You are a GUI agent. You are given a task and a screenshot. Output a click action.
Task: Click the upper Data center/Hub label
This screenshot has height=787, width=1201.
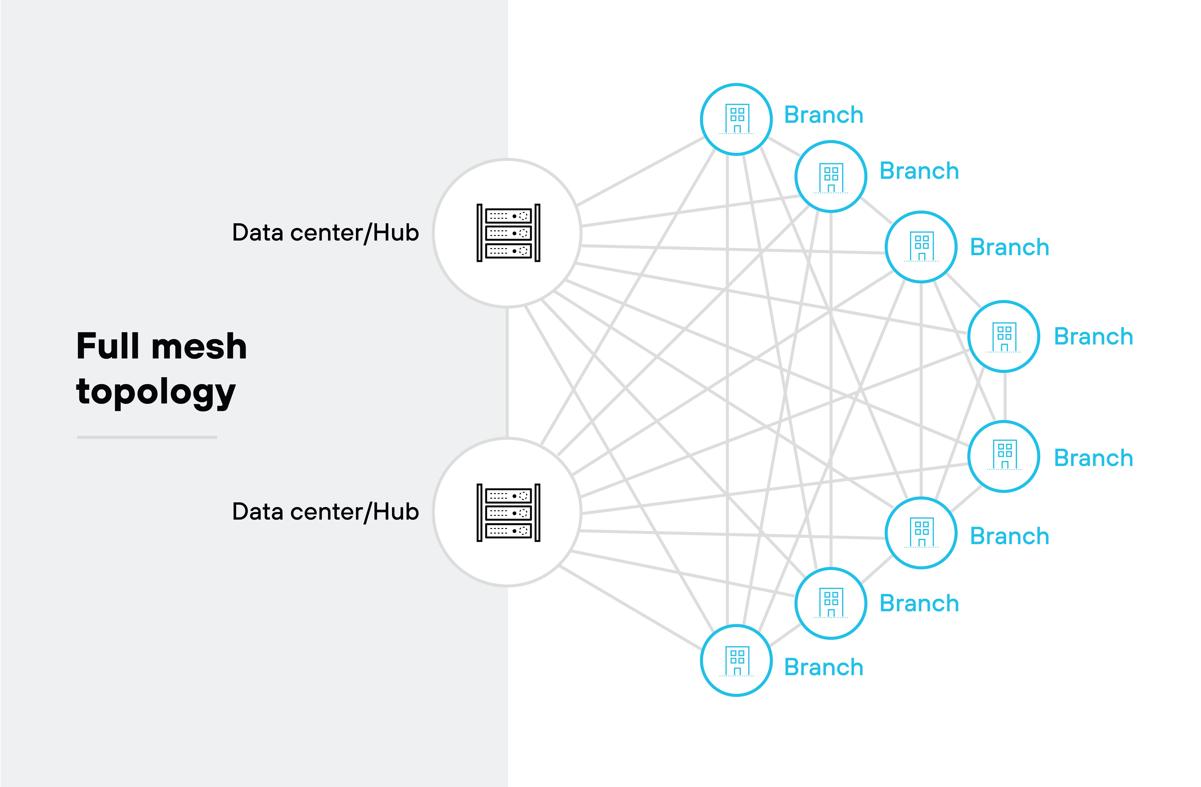click(325, 233)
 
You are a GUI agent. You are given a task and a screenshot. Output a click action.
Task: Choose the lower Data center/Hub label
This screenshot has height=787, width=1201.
click(325, 512)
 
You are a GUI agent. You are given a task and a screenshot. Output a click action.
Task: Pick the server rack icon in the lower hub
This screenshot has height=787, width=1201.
click(508, 513)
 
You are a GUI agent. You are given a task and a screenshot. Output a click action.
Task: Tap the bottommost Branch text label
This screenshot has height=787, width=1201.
click(824, 667)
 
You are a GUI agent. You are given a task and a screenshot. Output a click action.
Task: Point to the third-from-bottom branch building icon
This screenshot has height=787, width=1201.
click(921, 533)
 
